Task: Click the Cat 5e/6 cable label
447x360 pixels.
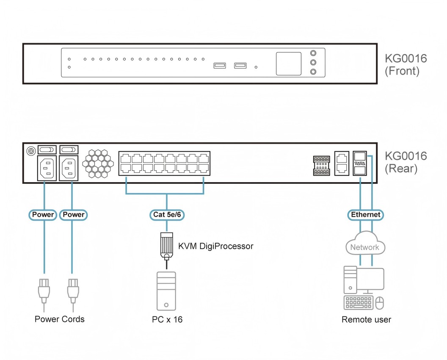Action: coord(167,215)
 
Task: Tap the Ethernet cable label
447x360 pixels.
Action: coord(366,215)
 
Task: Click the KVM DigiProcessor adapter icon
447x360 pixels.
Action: coord(166,246)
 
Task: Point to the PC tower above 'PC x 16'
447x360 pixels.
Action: coord(166,291)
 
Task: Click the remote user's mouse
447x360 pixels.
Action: coord(380,303)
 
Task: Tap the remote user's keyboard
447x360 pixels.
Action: coord(359,303)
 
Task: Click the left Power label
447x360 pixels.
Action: coord(43,215)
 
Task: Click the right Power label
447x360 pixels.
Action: coord(74,215)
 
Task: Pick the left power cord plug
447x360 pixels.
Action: coord(43,289)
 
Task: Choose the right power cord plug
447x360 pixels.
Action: coord(73,289)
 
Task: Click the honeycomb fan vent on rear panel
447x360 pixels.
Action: coord(98,163)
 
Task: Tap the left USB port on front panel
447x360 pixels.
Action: coord(219,66)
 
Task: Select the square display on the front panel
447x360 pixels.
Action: coord(289,64)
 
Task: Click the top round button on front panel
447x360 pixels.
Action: coord(313,53)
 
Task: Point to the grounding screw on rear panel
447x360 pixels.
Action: coord(30,150)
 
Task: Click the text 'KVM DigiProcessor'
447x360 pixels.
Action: coord(215,246)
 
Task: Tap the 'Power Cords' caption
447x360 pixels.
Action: coord(60,319)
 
